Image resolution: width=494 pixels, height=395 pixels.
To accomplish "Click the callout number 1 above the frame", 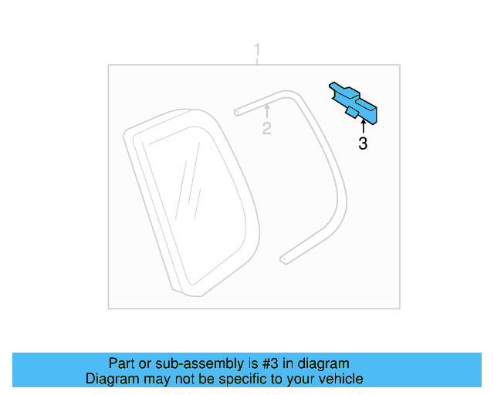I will [258, 52].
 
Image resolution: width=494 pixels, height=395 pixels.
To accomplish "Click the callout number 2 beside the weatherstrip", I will [266, 128].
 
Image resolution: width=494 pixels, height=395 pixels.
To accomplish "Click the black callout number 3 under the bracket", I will [363, 143].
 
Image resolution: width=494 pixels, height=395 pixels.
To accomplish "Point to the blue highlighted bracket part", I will [356, 101].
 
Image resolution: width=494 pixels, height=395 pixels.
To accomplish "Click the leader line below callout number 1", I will [258, 62].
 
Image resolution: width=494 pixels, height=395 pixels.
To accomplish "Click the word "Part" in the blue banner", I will [122, 363].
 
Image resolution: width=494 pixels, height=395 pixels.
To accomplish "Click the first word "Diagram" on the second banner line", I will [111, 379].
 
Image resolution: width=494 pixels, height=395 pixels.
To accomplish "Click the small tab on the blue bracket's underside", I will [351, 113].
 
